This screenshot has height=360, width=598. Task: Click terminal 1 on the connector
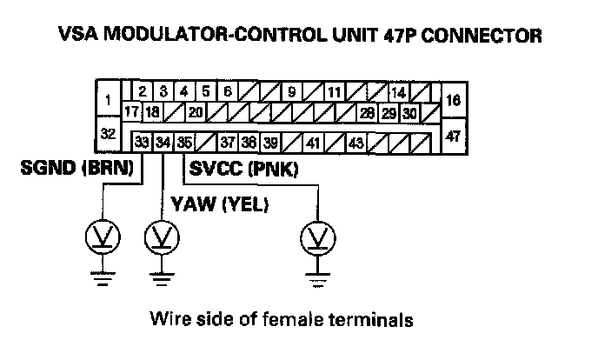(107, 100)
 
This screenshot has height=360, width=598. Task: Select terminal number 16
(453, 100)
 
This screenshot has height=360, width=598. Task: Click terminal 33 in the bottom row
(142, 142)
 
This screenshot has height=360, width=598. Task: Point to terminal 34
(163, 142)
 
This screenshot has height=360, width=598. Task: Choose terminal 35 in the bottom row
(183, 142)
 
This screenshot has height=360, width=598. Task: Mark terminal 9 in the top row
(292, 91)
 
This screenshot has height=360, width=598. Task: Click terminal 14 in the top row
(398, 91)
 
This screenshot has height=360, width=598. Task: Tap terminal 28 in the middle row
(367, 113)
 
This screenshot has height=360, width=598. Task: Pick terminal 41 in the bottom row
(313, 142)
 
